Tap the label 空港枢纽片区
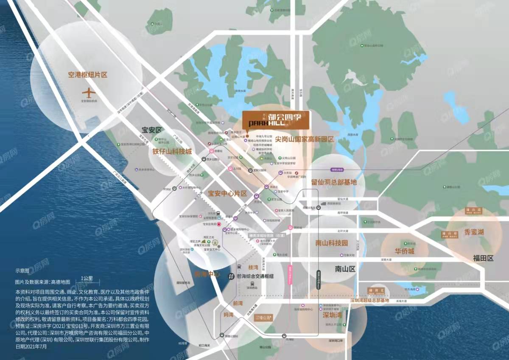click(x=88, y=75)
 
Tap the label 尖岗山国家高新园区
click(x=305, y=139)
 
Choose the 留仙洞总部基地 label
click(x=334, y=182)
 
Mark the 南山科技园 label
click(x=331, y=243)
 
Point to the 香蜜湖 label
click(x=474, y=232)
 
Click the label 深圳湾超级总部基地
click(x=369, y=301)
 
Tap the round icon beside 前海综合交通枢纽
click(x=231, y=276)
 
